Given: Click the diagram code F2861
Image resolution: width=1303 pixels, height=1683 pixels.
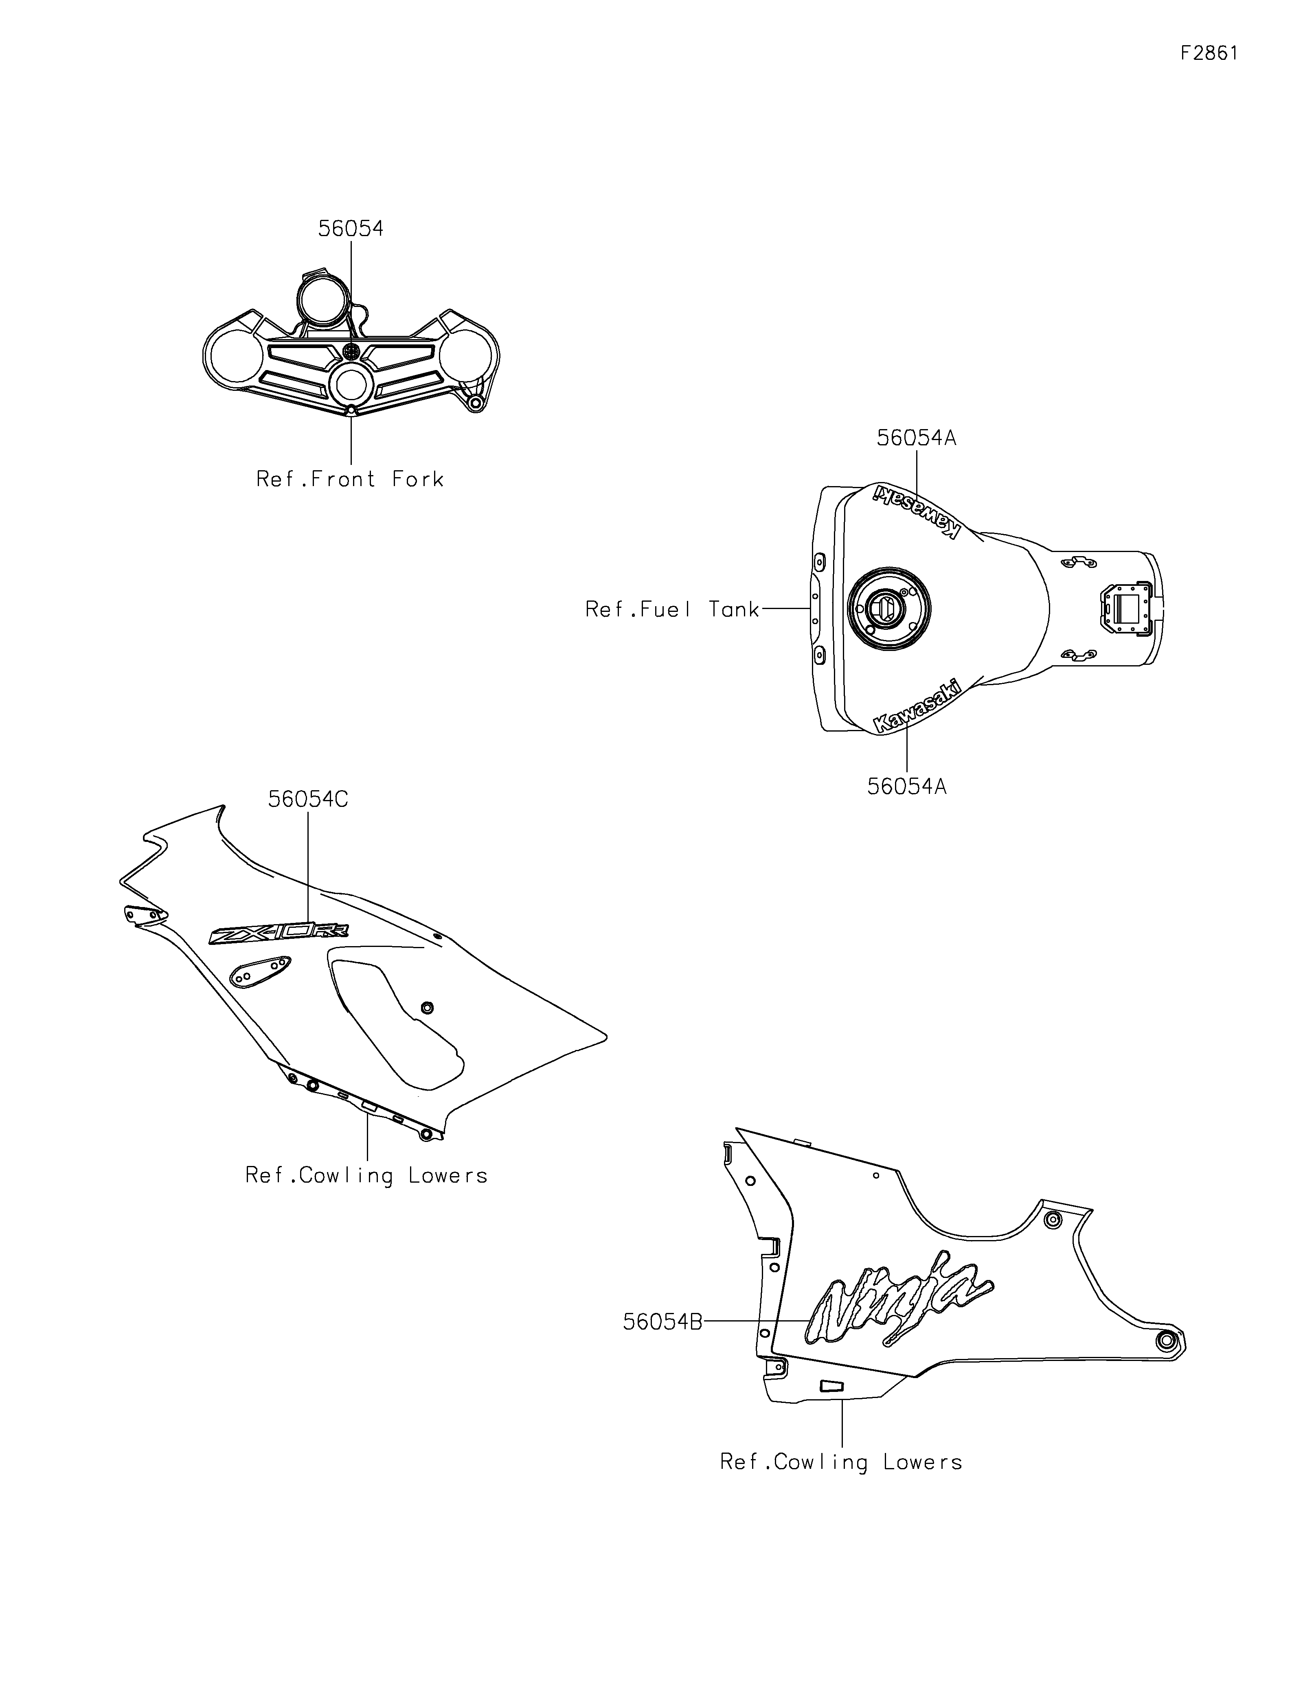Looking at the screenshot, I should point(1209,53).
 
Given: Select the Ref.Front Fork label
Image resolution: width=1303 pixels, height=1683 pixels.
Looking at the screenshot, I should point(351,479).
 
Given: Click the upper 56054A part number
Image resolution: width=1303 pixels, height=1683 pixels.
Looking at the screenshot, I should point(916,438).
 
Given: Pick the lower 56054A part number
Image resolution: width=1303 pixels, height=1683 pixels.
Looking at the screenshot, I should point(907,787).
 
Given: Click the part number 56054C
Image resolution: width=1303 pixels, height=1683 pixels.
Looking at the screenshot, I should point(308,800).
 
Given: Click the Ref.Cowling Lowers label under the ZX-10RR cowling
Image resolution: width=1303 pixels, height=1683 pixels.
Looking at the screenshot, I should point(367,1176).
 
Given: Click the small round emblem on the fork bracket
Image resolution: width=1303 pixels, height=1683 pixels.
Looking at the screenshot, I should point(351,351).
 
